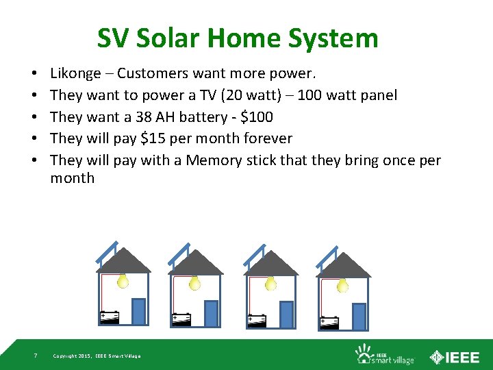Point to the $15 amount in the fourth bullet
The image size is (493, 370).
point(153,138)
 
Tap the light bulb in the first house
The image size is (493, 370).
point(123,281)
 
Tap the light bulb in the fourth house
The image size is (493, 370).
point(342,283)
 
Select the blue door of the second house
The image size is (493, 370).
point(212,312)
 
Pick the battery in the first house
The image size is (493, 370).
point(110,317)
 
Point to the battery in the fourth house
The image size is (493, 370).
point(329,321)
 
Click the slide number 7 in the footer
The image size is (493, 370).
point(36,356)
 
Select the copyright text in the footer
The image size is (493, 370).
point(97,356)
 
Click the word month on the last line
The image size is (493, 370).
point(73,178)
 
